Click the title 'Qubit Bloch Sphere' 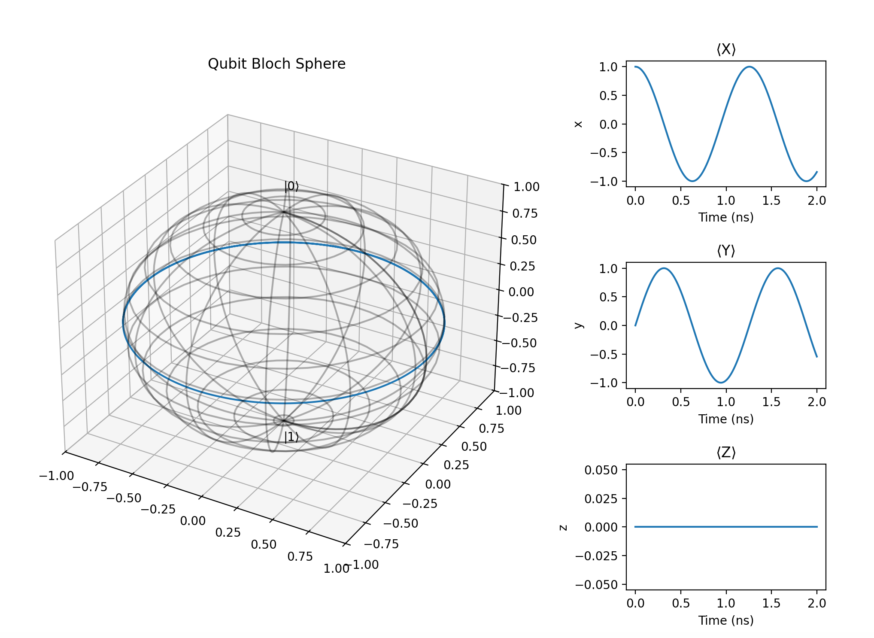(276, 64)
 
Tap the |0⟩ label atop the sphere (291, 186)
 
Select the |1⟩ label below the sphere (291, 437)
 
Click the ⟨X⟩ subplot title (726, 49)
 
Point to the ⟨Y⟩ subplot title (726, 251)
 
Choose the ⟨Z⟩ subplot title (726, 453)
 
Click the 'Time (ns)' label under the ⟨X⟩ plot (726, 217)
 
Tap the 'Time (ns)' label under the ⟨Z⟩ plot (726, 620)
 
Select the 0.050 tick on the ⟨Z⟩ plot (601, 470)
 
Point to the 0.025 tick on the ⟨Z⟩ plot (601, 499)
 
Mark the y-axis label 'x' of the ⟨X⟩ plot (579, 124)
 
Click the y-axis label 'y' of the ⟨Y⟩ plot (579, 325)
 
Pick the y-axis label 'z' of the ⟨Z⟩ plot (564, 527)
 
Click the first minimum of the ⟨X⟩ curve (692, 181)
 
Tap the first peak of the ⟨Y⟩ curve (664, 268)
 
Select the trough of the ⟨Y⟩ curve (721, 382)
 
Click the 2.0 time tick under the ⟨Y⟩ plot (816, 402)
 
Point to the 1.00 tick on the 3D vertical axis (527, 187)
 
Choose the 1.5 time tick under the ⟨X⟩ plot (771, 201)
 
